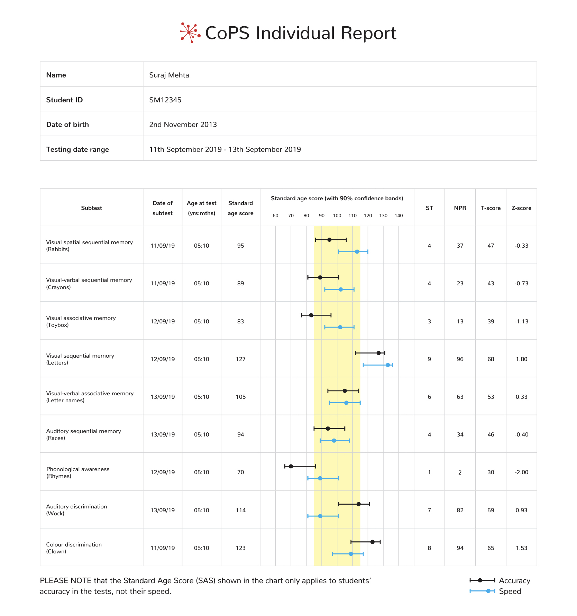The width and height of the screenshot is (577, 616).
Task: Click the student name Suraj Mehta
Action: pos(169,75)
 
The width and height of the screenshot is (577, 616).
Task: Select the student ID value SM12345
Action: pos(165,100)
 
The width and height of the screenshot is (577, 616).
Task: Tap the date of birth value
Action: pos(183,125)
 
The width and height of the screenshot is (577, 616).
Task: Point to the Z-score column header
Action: pos(521,208)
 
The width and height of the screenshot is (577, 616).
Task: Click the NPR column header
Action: pos(460,208)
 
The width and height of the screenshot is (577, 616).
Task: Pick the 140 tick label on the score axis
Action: pos(399,215)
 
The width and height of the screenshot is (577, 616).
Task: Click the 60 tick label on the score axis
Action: pos(275,215)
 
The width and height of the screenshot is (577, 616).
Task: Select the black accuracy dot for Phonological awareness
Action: pos(291,466)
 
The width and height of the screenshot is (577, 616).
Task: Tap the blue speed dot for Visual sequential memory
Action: pos(388,365)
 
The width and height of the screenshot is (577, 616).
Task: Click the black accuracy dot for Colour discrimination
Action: pos(373,542)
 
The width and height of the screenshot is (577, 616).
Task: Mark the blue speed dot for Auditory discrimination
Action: pos(320,516)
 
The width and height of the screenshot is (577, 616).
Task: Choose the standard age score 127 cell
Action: pos(241,359)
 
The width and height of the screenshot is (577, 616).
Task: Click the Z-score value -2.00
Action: pos(521,472)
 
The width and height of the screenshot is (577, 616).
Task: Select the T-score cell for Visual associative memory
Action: pos(491,321)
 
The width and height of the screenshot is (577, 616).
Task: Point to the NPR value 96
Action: pos(460,359)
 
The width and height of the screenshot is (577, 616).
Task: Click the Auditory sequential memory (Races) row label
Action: pos(84,434)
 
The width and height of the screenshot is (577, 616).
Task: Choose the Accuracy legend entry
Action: pos(500,580)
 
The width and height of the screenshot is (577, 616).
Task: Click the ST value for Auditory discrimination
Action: pos(429,510)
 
